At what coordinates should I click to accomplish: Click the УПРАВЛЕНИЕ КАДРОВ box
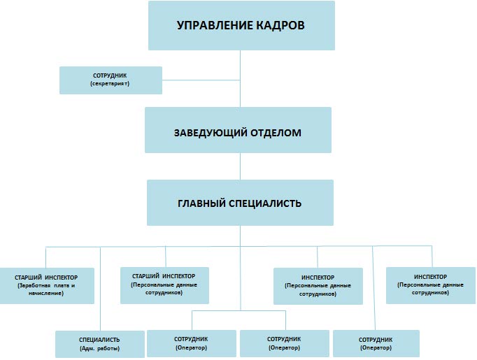click(241, 25)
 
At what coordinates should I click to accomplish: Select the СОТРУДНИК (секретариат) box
click(111, 80)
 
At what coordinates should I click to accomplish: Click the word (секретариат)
click(111, 84)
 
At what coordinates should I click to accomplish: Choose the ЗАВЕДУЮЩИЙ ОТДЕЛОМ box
click(238, 130)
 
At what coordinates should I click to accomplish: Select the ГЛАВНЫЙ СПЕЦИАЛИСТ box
click(240, 203)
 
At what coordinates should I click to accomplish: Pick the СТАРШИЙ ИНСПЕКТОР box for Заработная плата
click(47, 285)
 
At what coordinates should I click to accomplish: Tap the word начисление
click(47, 294)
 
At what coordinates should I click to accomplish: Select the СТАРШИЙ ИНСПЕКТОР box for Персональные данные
click(164, 284)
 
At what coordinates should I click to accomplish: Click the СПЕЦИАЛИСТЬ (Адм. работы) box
click(100, 344)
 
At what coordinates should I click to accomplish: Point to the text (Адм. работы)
click(100, 348)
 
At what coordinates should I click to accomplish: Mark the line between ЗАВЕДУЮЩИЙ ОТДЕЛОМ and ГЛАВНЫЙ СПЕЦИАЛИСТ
click(241, 166)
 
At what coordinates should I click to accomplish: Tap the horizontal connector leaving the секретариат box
click(201, 80)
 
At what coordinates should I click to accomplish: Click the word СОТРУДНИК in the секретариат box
click(111, 75)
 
